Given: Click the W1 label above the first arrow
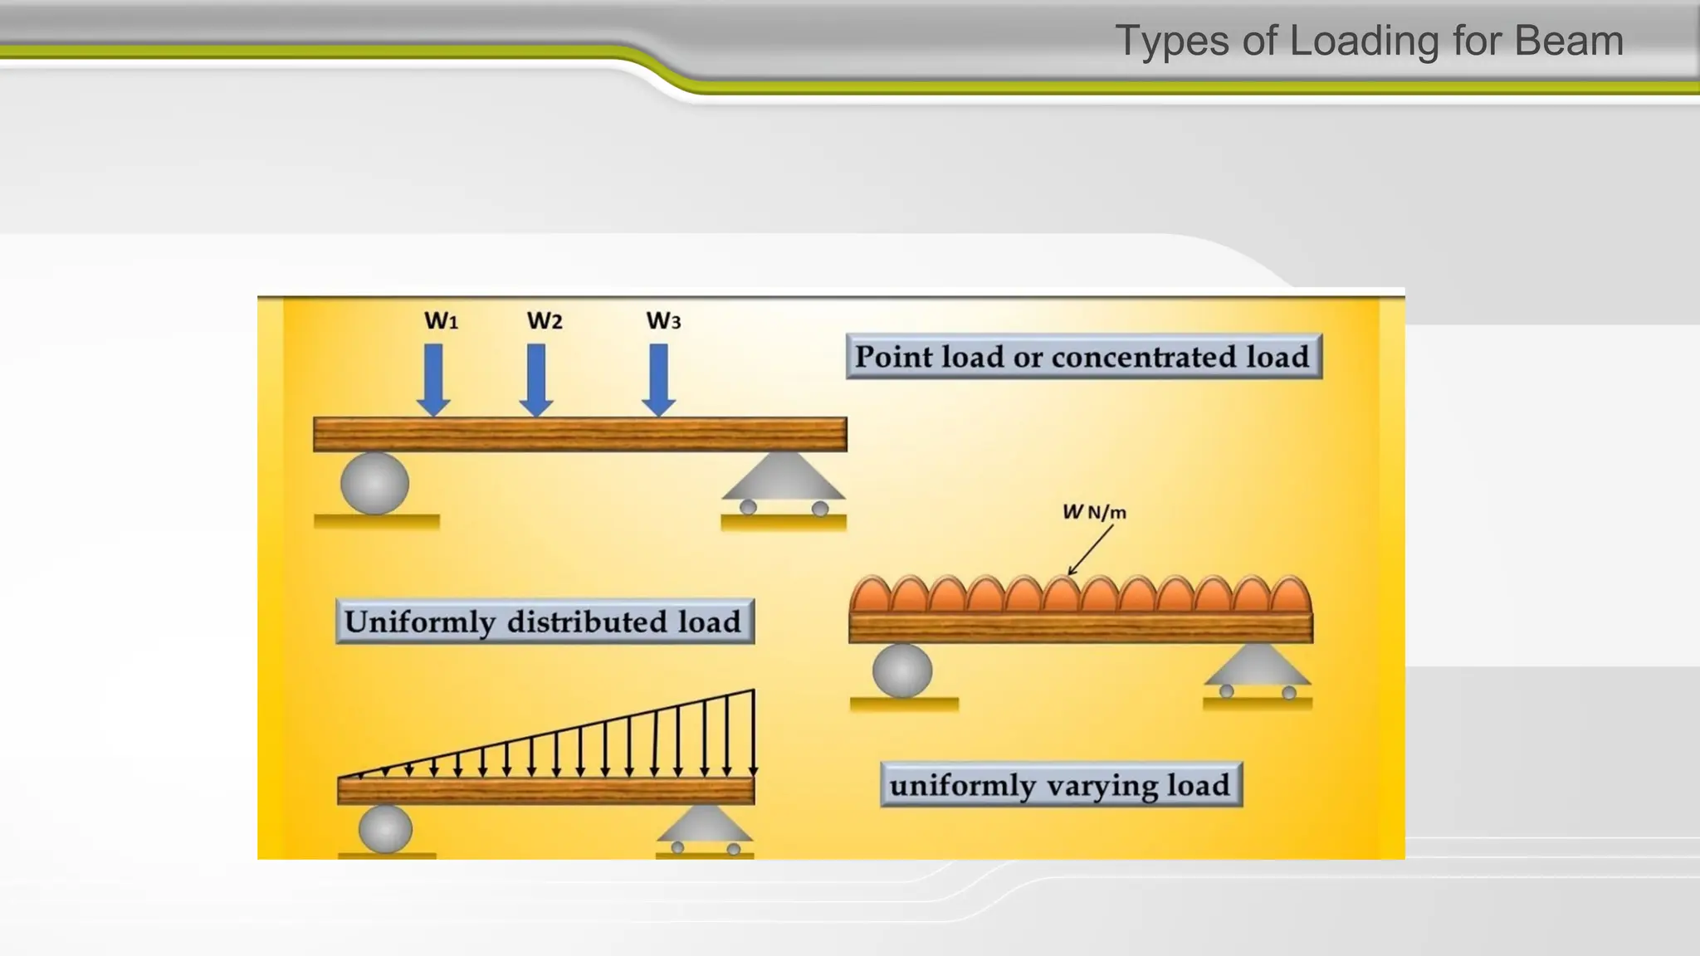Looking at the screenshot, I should tap(441, 321).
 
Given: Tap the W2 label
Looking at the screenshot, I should tap(545, 321).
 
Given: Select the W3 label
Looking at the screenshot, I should tap(663, 321).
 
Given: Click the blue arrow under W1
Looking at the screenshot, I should tap(433, 379).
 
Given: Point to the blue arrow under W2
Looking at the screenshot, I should tap(536, 379).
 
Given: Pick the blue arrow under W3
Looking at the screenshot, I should tap(659, 379).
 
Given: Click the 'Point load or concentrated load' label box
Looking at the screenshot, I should tap(1083, 357).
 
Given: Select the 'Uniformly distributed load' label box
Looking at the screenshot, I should tap(545, 622).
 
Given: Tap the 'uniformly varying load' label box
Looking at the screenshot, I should tap(1061, 785).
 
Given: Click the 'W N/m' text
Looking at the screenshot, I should tap(1094, 512).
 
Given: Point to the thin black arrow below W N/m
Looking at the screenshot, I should tap(1090, 549).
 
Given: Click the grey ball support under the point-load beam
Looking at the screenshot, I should tap(375, 483).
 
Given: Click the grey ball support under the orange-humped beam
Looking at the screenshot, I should tap(902, 670).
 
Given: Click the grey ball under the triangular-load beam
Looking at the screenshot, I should tap(385, 828).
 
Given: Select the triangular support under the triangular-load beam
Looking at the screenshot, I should tap(705, 826).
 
